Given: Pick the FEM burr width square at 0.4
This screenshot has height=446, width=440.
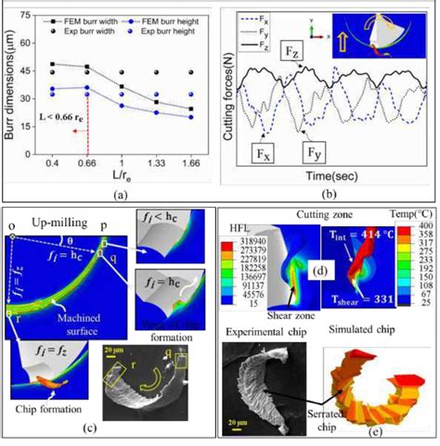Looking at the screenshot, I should (53, 64).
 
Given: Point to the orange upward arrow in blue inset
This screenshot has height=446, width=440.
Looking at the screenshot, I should (355, 43).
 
